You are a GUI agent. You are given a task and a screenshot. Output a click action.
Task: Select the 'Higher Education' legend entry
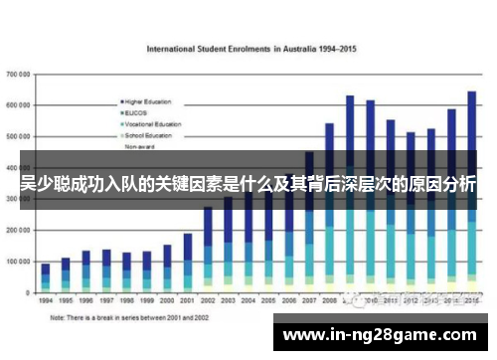149,101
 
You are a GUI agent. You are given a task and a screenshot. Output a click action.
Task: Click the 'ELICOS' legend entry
139,112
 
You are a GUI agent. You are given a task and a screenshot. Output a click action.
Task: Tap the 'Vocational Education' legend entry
151,123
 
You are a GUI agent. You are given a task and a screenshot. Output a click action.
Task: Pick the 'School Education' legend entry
148,134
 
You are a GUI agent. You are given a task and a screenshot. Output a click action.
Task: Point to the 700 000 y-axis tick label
19,75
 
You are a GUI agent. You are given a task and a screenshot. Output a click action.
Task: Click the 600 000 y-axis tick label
19,105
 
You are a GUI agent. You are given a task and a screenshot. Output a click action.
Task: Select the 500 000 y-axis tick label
19,136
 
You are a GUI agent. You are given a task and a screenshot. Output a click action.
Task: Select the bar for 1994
46,276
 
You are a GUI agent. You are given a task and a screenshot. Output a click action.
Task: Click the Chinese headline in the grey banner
248,185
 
